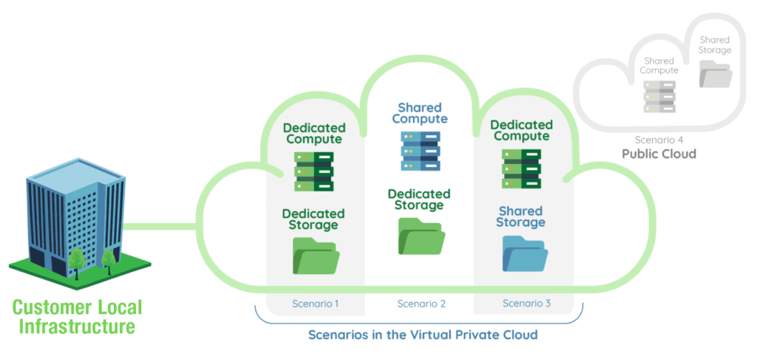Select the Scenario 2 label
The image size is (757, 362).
pyautogui.click(x=421, y=304)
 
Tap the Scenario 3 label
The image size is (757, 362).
pyautogui.click(x=527, y=304)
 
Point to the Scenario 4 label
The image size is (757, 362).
pyautogui.click(x=659, y=140)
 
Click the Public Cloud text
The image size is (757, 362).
pyautogui.click(x=659, y=154)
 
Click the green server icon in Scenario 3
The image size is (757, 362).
pyautogui.click(x=521, y=168)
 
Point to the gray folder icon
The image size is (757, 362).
pyautogui.click(x=715, y=75)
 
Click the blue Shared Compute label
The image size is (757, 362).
pyautogui.click(x=420, y=114)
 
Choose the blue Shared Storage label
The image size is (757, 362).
pyautogui.click(x=520, y=216)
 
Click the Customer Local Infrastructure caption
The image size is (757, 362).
pyautogui.click(x=77, y=316)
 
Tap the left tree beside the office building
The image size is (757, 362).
pyautogui.click(x=75, y=259)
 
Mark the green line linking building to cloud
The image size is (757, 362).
pyautogui.click(x=159, y=225)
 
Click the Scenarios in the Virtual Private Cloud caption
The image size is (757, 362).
pyautogui.click(x=422, y=335)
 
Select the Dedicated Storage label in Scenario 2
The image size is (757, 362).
pyautogui.click(x=419, y=199)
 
